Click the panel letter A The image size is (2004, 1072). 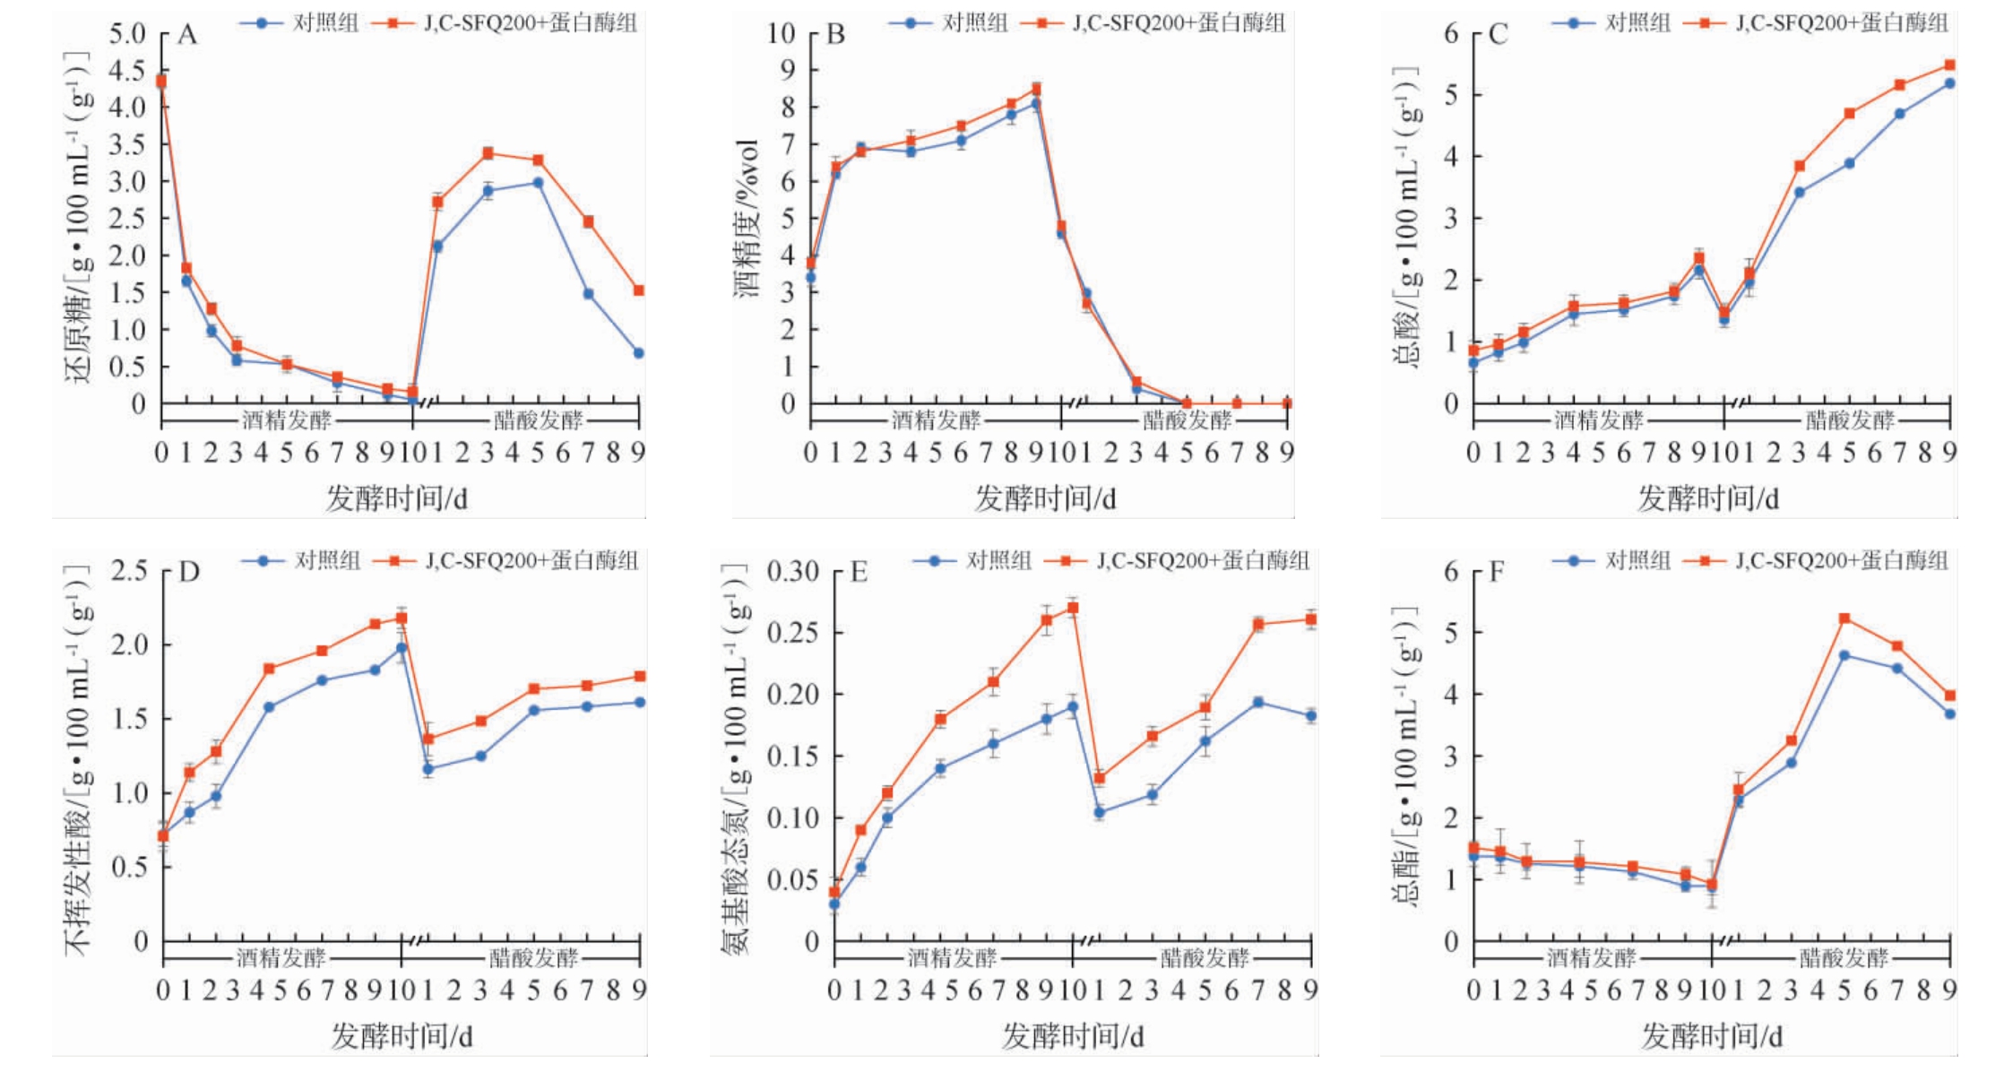coord(187,35)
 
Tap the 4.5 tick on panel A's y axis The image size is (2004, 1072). coord(126,71)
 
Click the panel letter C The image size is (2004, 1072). coord(1498,35)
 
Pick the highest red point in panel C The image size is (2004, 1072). coord(1949,65)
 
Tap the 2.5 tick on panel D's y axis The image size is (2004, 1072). coord(128,571)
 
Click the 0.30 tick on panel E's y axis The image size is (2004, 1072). coord(792,571)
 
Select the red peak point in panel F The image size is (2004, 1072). coord(1844,618)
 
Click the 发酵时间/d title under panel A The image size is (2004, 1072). coord(397,497)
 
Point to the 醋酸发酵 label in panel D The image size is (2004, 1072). coord(534,957)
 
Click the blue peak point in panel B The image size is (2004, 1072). coord(1035,104)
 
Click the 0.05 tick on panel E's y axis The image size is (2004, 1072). coord(792,880)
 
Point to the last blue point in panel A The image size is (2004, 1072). coord(639,353)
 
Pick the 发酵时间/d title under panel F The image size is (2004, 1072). coord(1712,1036)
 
